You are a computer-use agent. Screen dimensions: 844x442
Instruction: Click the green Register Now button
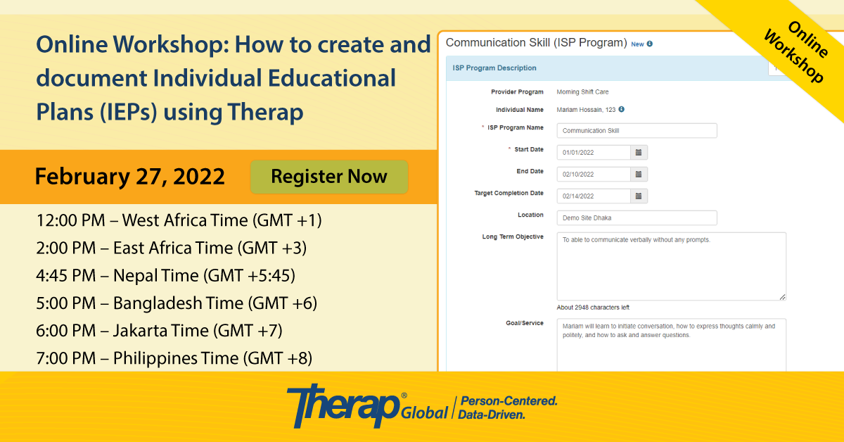pos(329,177)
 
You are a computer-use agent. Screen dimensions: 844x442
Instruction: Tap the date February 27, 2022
pos(129,177)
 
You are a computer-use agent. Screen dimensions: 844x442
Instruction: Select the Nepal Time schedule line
pos(165,275)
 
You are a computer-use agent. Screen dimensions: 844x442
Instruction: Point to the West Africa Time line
pos(179,220)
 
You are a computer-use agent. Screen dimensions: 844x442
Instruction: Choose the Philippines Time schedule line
pos(174,358)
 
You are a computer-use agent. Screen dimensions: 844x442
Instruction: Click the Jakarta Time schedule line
pos(159,331)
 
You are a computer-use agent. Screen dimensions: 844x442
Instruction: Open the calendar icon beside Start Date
pos(639,152)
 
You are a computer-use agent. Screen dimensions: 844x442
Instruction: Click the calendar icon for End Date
pos(639,175)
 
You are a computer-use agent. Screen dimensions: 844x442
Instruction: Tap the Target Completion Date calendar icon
pos(639,196)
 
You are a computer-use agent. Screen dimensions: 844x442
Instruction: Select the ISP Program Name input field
pos(637,130)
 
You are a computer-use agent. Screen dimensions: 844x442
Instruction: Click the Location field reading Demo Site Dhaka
pos(637,218)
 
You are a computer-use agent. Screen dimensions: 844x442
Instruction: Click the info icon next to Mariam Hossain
pos(621,109)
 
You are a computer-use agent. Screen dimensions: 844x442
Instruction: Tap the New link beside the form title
pos(637,44)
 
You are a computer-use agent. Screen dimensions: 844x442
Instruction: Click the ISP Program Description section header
pos(494,68)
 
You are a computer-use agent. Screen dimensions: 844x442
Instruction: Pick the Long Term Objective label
pos(513,237)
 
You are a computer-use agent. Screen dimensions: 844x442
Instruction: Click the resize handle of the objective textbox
pos(782,297)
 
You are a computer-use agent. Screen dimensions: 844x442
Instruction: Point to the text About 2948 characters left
pos(593,308)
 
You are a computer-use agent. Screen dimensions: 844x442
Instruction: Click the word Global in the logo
pos(424,412)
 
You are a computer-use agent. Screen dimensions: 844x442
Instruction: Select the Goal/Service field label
pos(525,323)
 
